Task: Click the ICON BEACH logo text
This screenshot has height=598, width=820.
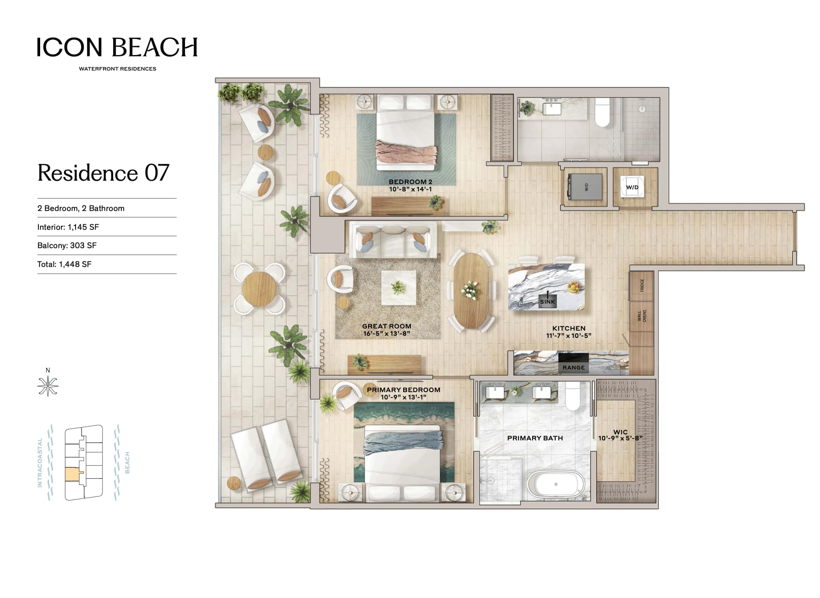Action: [117, 47]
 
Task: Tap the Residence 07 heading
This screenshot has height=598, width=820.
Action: [103, 173]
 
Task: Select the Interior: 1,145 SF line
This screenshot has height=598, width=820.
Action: [68, 227]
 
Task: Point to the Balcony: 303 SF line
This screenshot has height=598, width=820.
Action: [67, 246]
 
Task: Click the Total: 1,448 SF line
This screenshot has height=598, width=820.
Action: [64, 264]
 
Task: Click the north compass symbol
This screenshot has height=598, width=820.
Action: [48, 386]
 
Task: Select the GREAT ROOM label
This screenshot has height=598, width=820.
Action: [387, 326]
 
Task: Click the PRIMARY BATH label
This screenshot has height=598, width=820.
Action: [535, 438]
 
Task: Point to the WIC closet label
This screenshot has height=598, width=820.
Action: [621, 432]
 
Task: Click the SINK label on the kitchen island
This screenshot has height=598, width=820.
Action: [547, 302]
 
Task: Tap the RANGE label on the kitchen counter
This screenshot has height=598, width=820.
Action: [574, 367]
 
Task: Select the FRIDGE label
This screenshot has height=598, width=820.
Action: [642, 285]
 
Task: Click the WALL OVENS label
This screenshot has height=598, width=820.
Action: [642, 316]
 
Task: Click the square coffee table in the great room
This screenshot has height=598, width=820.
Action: [398, 288]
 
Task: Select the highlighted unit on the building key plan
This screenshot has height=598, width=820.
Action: [72, 474]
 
